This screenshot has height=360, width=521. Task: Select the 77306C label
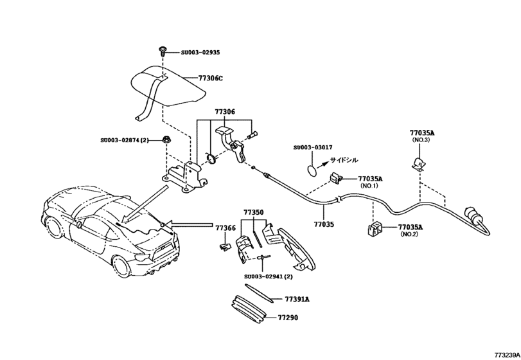[x=210, y=78]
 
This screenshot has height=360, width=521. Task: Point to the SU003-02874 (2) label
[x=125, y=139]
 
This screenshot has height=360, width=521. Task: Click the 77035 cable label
[x=324, y=224]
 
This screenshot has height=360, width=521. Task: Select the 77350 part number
[x=253, y=212]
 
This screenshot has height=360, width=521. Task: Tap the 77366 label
[x=225, y=228]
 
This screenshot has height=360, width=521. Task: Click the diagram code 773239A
[x=506, y=354]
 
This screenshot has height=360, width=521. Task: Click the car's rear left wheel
[x=121, y=268]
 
